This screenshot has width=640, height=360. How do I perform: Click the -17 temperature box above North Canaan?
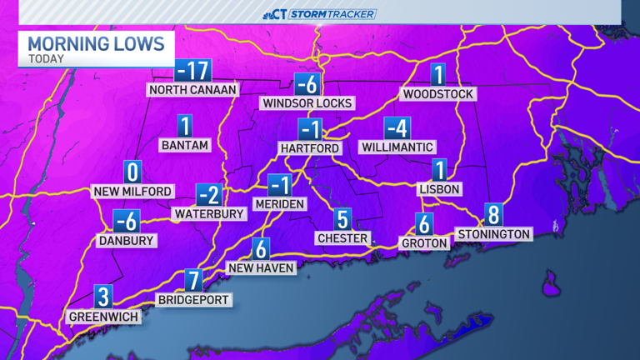click(192, 71)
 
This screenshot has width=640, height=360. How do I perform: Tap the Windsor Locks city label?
click(307, 103)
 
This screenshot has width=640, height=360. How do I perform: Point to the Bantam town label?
click(184, 145)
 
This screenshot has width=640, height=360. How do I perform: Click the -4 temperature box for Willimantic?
click(397, 129)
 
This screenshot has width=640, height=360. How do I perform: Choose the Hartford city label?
click(310, 148)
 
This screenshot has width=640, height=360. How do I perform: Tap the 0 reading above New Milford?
click(132, 172)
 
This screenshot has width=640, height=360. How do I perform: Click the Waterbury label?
click(209, 214)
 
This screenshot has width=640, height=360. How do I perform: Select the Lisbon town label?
click(439, 189)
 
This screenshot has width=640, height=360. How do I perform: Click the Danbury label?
click(127, 241)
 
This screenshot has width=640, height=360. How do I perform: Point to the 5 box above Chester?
click(342, 219)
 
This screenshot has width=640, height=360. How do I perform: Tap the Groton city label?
click(424, 243)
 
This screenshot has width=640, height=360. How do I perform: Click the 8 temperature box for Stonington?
click(494, 215)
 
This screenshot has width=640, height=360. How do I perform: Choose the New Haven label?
click(261, 268)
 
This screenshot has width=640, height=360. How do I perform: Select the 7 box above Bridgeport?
click(193, 281)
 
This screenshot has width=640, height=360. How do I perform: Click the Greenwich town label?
click(103, 317)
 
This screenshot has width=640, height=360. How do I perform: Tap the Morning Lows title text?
click(96, 43)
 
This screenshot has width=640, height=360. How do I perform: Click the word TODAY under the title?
click(47, 59)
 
